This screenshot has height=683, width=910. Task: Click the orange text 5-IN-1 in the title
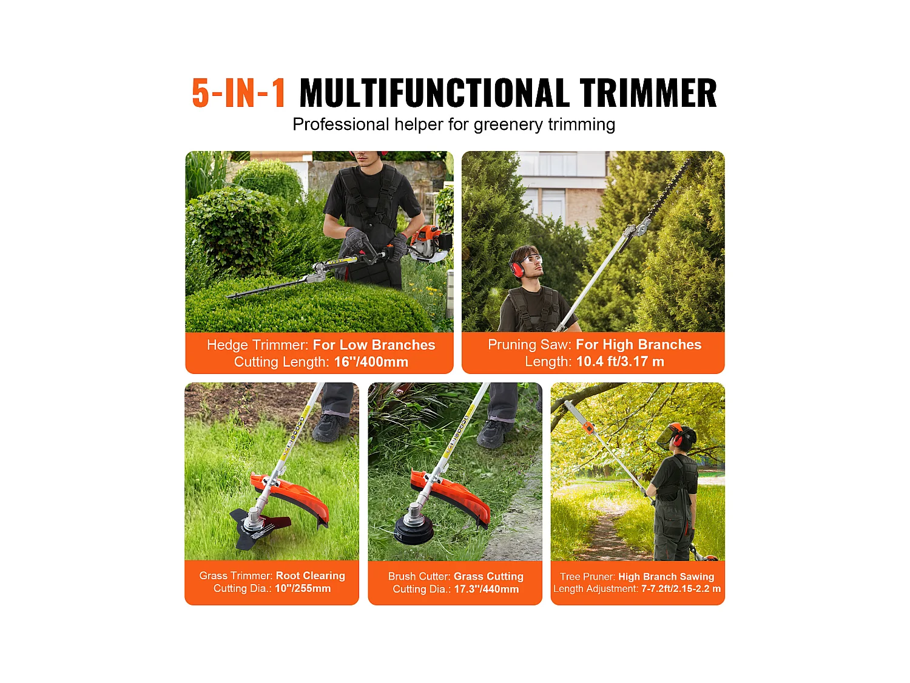[238, 93]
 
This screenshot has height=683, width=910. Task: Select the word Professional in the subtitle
[340, 124]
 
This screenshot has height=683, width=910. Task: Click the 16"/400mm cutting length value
[371, 362]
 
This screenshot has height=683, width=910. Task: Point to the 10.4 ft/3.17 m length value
[619, 361]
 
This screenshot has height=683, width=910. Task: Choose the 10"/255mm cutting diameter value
[303, 588]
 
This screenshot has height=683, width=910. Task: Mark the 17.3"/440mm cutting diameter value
[486, 589]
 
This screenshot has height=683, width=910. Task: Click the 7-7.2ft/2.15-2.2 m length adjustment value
[681, 588]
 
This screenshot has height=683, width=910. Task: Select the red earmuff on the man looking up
[517, 269]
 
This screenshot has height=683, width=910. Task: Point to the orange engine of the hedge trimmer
[428, 240]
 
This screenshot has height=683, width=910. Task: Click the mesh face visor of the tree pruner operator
[671, 436]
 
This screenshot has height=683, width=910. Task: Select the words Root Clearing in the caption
[310, 576]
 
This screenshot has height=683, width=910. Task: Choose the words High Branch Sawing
[666, 576]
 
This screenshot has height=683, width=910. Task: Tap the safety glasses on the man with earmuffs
[531, 260]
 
